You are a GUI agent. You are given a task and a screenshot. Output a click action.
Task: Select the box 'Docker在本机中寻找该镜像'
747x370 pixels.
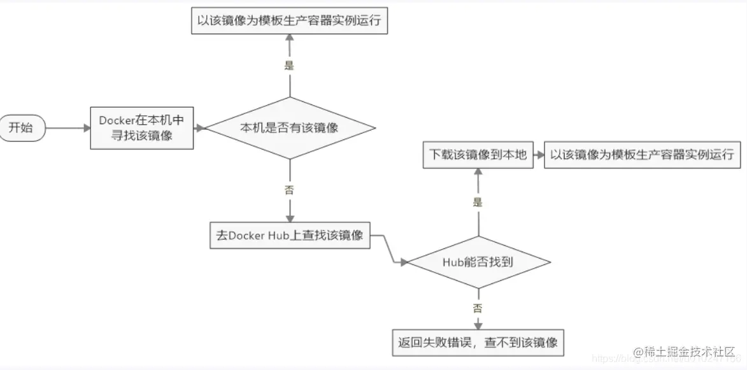[x=142, y=127]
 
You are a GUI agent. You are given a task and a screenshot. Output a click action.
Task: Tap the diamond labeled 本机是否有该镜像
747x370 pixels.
[x=289, y=128]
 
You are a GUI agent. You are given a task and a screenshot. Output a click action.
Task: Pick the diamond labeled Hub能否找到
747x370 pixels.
[x=478, y=262]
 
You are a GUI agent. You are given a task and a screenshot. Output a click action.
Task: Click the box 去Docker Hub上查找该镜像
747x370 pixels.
[x=290, y=235]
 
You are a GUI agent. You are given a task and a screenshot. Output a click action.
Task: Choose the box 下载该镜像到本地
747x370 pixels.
[x=478, y=155]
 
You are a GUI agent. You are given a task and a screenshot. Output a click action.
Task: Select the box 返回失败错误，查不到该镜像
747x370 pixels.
[x=478, y=343]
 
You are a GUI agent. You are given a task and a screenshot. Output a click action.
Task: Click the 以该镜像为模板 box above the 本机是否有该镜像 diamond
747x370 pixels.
[x=289, y=20]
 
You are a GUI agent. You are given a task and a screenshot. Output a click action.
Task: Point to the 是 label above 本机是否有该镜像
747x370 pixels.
[x=290, y=64]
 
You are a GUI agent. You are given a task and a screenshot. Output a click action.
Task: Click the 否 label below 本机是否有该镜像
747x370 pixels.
[x=290, y=189]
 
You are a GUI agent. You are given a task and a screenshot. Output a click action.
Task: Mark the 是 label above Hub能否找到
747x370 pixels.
[x=478, y=203]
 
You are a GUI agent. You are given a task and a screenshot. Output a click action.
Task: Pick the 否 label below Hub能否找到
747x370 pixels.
[x=478, y=308]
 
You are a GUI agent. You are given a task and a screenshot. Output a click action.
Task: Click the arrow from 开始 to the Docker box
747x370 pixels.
[x=67, y=128]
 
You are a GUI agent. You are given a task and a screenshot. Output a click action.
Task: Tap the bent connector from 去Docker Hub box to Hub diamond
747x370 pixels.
[x=389, y=248]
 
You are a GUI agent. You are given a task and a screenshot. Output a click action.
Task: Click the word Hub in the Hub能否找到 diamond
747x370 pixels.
[x=452, y=262]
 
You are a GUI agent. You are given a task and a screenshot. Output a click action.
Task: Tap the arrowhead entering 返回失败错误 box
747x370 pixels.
[x=478, y=325]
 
